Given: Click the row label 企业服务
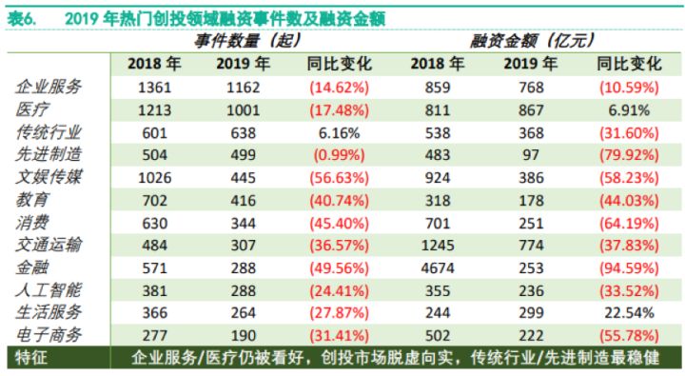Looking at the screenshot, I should tap(50, 87).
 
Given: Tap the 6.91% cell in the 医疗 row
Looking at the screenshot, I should tap(629, 109).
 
